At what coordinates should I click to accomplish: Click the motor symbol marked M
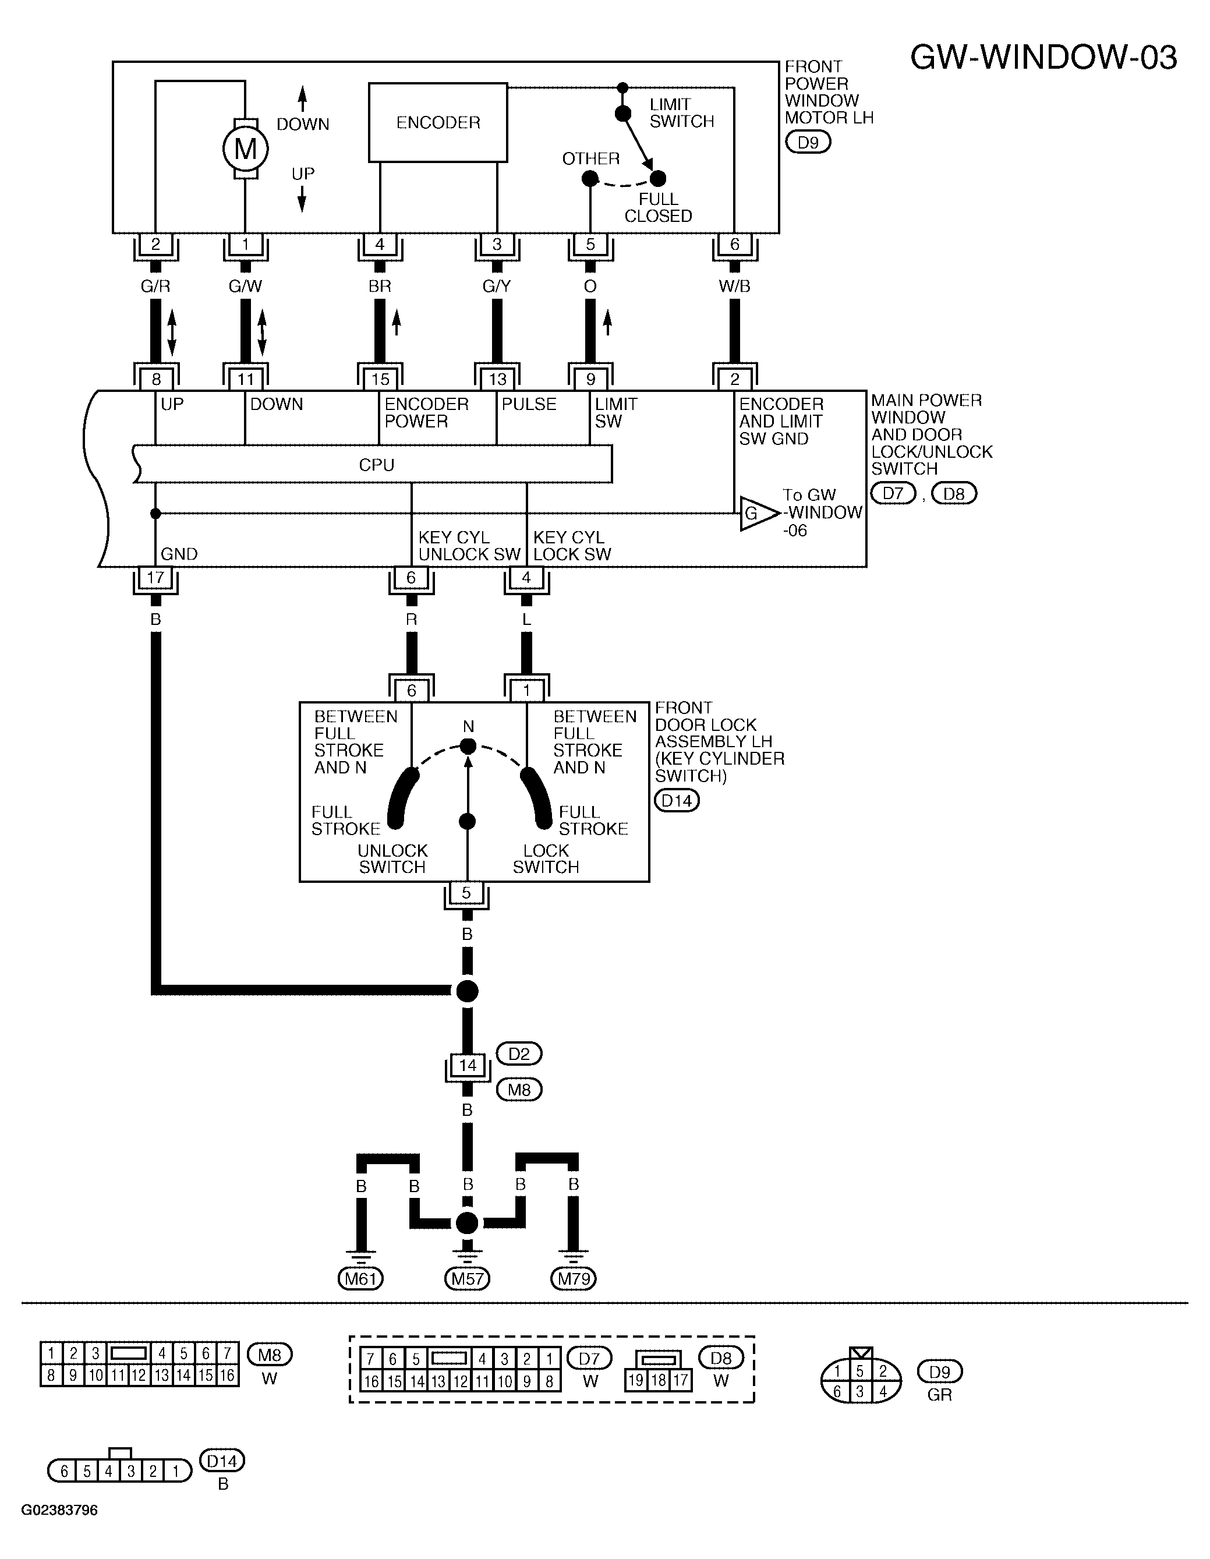[245, 149]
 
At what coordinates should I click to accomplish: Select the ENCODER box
[438, 123]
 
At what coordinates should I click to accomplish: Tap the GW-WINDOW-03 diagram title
[1043, 57]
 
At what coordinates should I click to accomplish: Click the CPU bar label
[376, 465]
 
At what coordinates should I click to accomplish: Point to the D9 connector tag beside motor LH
[808, 142]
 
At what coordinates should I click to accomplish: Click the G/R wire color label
[155, 287]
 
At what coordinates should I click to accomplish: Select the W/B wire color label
[735, 287]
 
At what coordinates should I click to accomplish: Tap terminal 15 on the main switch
[380, 379]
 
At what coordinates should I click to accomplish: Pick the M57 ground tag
[467, 1278]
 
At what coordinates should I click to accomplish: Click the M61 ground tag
[360, 1278]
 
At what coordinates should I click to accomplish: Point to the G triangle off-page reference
[758, 513]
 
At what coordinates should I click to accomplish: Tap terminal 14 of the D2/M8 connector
[467, 1066]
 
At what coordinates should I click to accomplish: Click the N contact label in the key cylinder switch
[468, 727]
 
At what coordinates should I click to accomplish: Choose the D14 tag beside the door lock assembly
[677, 800]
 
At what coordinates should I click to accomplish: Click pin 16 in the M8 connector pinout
[227, 1375]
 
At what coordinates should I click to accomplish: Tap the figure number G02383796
[59, 1509]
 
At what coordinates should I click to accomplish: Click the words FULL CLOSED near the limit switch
[658, 208]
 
